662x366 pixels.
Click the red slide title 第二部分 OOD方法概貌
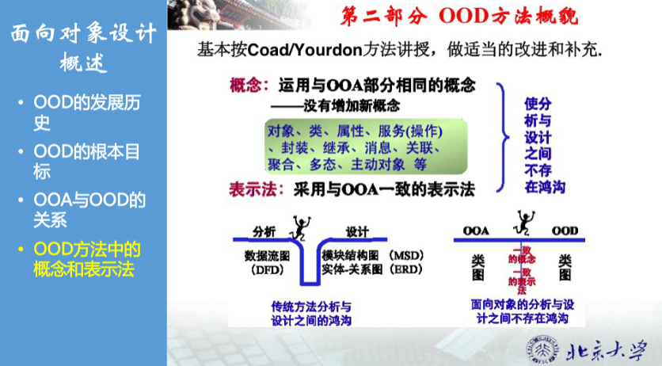(x=458, y=16)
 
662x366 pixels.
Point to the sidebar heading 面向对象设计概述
(x=82, y=48)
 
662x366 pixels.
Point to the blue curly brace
(x=503, y=136)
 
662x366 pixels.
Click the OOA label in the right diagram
(x=476, y=231)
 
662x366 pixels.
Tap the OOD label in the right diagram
(x=565, y=231)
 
